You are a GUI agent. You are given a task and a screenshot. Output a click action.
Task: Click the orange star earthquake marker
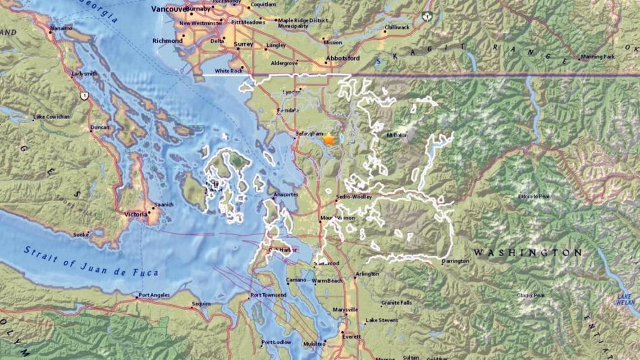tap(328, 139)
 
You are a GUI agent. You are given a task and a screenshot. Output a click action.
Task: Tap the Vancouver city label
tap(167, 9)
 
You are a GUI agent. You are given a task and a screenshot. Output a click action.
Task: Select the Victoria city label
tap(135, 214)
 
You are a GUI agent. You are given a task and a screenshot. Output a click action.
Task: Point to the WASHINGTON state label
tap(527, 253)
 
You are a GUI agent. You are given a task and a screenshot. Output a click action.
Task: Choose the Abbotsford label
tap(343, 58)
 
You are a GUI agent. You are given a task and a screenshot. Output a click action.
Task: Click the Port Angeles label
tap(153, 296)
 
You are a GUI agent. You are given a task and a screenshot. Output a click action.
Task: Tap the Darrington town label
tap(455, 261)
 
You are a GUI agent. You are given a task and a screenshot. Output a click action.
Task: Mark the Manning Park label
tap(598, 57)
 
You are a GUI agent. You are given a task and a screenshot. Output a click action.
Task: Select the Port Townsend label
tap(268, 295)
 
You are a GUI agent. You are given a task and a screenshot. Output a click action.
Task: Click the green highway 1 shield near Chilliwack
tap(426, 16)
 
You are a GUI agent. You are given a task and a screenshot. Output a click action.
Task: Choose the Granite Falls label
tap(397, 303)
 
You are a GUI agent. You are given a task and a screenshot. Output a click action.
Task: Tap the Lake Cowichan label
tap(51, 117)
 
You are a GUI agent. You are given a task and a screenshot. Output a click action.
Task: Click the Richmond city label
tap(167, 41)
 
